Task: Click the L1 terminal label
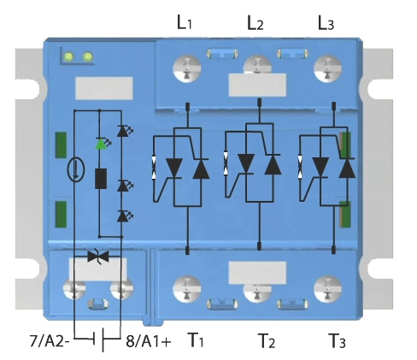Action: [185, 22]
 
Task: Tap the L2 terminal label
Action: [255, 22]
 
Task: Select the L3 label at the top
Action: [326, 22]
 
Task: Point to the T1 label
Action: [196, 340]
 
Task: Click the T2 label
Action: [267, 340]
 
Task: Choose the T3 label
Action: [337, 340]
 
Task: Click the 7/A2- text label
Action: [50, 340]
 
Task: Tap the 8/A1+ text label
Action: [149, 340]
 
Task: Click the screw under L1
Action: [187, 68]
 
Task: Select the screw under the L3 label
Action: [327, 68]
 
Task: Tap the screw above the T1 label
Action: [187, 289]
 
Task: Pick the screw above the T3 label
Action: [327, 289]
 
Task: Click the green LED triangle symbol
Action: [101, 144]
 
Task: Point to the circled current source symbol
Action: [76, 170]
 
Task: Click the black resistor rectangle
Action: [101, 179]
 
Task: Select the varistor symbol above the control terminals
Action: [98, 257]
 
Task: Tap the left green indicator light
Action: [68, 56]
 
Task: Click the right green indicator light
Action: [87, 57]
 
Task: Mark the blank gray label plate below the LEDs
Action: [104, 88]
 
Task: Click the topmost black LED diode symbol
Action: [123, 131]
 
